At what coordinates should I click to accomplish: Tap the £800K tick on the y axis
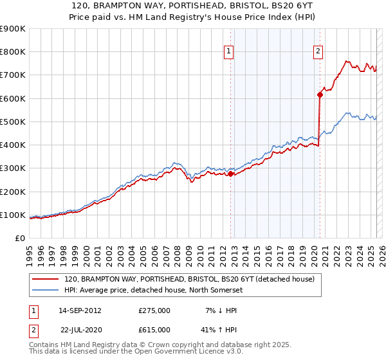(x=13, y=52)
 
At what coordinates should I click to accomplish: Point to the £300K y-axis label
(x=13, y=168)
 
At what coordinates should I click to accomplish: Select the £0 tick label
(x=19, y=238)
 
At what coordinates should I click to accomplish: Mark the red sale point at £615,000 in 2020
(x=320, y=95)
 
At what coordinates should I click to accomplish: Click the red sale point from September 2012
(x=230, y=174)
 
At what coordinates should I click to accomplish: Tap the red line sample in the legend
(x=45, y=280)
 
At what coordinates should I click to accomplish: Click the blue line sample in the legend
(x=45, y=291)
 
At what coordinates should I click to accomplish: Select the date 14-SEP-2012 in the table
(x=80, y=310)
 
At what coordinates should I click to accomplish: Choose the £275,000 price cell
(x=154, y=310)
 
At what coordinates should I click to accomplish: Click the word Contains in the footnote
(x=46, y=345)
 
